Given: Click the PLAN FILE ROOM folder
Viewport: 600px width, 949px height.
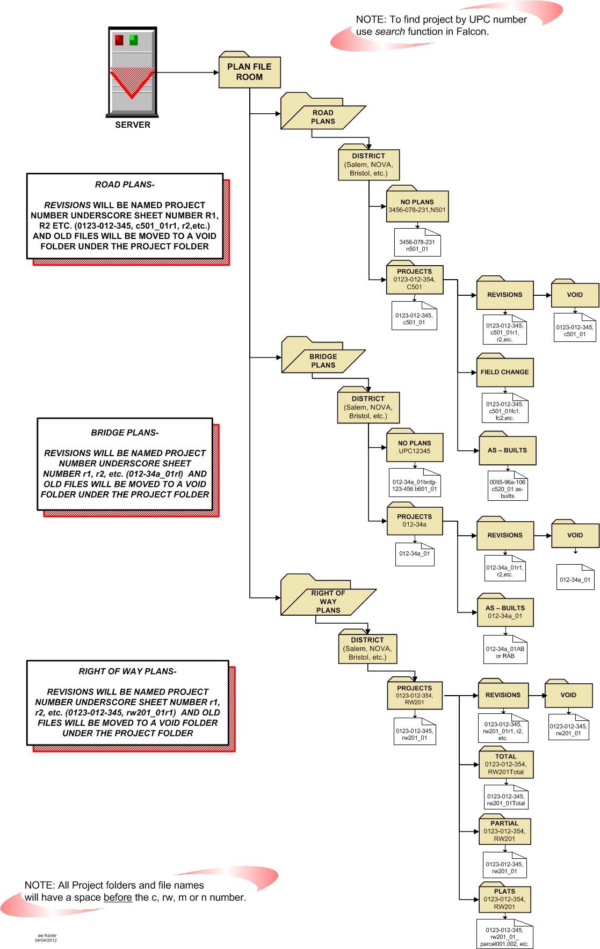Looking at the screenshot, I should [x=249, y=72].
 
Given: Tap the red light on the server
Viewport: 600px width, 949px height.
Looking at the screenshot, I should [x=119, y=40].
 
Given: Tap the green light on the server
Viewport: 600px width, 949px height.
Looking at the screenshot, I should [x=134, y=40].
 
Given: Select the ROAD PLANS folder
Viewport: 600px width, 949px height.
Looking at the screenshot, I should [x=323, y=116].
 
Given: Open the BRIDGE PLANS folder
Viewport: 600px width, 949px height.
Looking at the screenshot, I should [x=323, y=360].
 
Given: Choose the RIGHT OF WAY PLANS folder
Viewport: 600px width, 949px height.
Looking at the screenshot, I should [x=328, y=601].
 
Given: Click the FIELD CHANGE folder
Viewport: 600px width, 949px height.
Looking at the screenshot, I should [x=504, y=371].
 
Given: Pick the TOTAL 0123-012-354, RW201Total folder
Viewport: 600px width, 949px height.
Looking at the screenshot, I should [x=505, y=764].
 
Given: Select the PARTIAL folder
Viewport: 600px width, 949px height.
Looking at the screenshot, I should [x=504, y=831].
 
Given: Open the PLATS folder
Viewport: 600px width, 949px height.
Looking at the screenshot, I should [x=504, y=899].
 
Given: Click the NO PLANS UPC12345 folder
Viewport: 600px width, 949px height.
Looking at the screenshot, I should [x=415, y=447].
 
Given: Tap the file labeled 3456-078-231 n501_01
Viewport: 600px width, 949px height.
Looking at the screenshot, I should [x=417, y=245].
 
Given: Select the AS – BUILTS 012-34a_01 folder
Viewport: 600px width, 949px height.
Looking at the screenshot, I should [x=505, y=612].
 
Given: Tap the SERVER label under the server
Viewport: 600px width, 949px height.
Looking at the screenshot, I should [x=133, y=125].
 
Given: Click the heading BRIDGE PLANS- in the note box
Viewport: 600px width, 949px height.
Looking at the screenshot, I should [x=125, y=433].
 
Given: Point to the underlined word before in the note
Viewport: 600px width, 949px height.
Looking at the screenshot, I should [x=118, y=897].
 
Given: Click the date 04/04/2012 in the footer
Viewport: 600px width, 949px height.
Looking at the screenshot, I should [x=46, y=940].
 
